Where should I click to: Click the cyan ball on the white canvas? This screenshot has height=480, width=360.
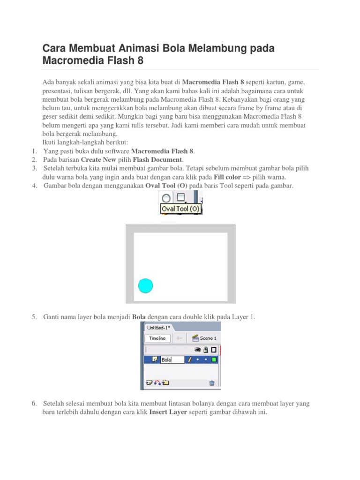pyautogui.click(x=146, y=285)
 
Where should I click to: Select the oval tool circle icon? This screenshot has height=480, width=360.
pyautogui.click(x=166, y=199)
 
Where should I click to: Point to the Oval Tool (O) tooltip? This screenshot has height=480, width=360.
pyautogui.click(x=180, y=209)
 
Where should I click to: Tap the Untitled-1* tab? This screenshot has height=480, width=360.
pyautogui.click(x=158, y=328)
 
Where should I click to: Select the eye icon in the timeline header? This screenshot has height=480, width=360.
pyautogui.click(x=198, y=349)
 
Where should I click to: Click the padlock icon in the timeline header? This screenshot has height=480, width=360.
pyautogui.click(x=206, y=349)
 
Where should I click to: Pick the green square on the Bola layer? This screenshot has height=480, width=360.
pyautogui.click(x=214, y=360)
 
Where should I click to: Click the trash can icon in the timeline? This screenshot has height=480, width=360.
pyautogui.click(x=212, y=383)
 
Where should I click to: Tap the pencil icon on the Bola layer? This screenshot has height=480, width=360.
pyautogui.click(x=190, y=360)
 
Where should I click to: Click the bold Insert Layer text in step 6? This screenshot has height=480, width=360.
pyautogui.click(x=168, y=412)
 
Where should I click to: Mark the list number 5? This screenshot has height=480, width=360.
pyautogui.click(x=34, y=317)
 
